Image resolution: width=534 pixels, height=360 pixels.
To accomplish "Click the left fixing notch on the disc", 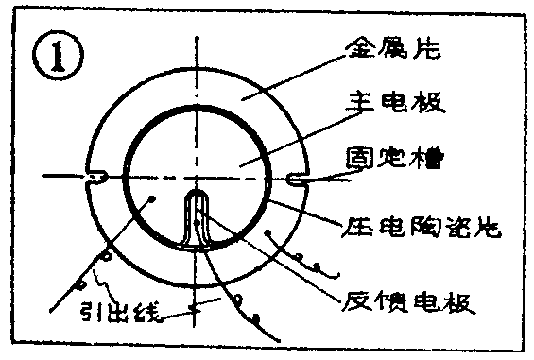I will point(97,176).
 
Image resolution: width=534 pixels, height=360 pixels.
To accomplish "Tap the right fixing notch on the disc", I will point(295,177).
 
